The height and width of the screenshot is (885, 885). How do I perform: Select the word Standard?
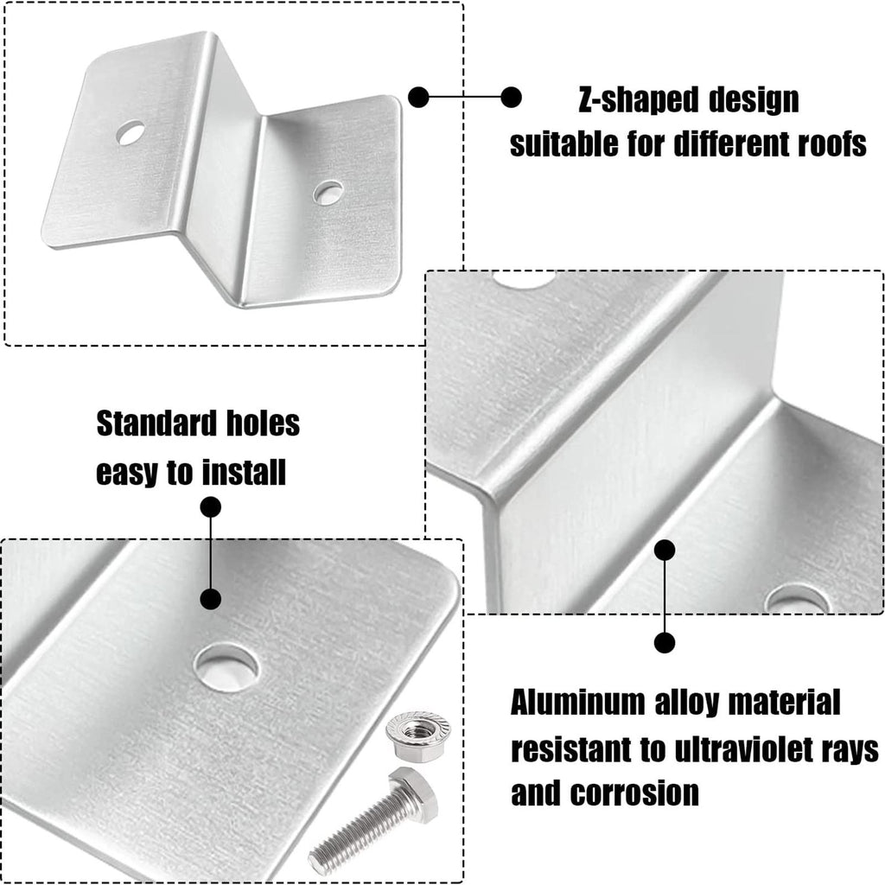pyautogui.click(x=157, y=423)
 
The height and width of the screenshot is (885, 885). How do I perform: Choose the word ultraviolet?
pyautogui.click(x=745, y=750)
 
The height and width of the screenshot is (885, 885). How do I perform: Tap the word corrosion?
pyautogui.click(x=634, y=793)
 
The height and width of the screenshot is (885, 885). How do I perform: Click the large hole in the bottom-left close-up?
pyautogui.click(x=226, y=666)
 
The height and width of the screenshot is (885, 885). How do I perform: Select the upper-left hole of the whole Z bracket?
pyautogui.click(x=131, y=132)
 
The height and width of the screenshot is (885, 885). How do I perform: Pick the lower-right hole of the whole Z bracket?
pyautogui.click(x=328, y=192)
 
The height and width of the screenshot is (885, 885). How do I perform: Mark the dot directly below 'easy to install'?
pyautogui.click(x=211, y=507)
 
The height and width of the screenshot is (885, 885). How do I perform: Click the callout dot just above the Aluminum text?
pyautogui.click(x=665, y=643)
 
